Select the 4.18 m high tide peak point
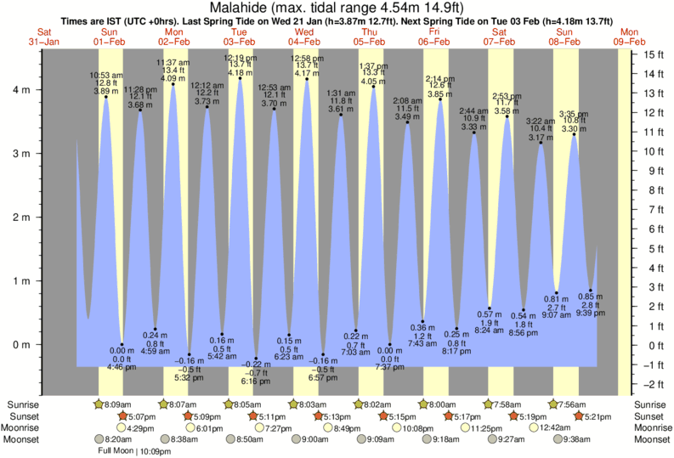click(x=241, y=78)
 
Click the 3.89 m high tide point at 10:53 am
click(x=106, y=97)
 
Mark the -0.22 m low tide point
click(x=257, y=359)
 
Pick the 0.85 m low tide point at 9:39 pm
click(x=591, y=291)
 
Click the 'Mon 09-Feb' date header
click(x=630, y=37)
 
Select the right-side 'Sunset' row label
click(x=651, y=416)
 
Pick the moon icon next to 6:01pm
click(x=191, y=428)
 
